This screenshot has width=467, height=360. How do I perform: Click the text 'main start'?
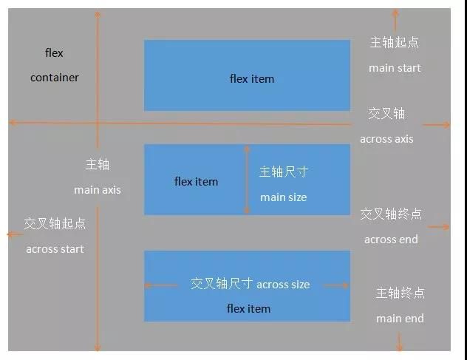coord(395,68)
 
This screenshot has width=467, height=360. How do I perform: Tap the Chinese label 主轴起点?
coord(395,43)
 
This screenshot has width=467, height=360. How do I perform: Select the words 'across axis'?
coord(386,139)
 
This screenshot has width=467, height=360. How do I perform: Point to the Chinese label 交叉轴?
coord(386,114)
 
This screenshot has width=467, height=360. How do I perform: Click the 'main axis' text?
coord(97,190)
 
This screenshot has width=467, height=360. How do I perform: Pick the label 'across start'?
coord(55,249)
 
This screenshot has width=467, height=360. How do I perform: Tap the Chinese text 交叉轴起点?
coord(55,223)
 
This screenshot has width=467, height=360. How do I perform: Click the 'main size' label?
coord(283,197)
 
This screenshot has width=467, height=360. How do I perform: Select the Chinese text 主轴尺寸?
coord(283,172)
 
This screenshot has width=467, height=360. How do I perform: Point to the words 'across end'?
coord(391,240)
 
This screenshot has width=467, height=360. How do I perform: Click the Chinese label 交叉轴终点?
coord(391,214)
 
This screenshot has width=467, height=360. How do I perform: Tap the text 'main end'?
coord(400,319)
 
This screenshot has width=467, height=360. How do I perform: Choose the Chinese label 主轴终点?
coord(400,293)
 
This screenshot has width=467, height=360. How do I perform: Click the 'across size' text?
coord(283,285)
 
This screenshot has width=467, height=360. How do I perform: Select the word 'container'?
coord(55,78)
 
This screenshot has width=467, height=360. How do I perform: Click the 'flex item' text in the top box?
coord(252,79)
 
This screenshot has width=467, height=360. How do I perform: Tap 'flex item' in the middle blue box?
coord(196,182)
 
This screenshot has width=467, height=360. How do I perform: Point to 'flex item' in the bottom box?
coord(248,309)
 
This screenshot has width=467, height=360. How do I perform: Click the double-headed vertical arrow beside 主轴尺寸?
coord(248,180)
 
